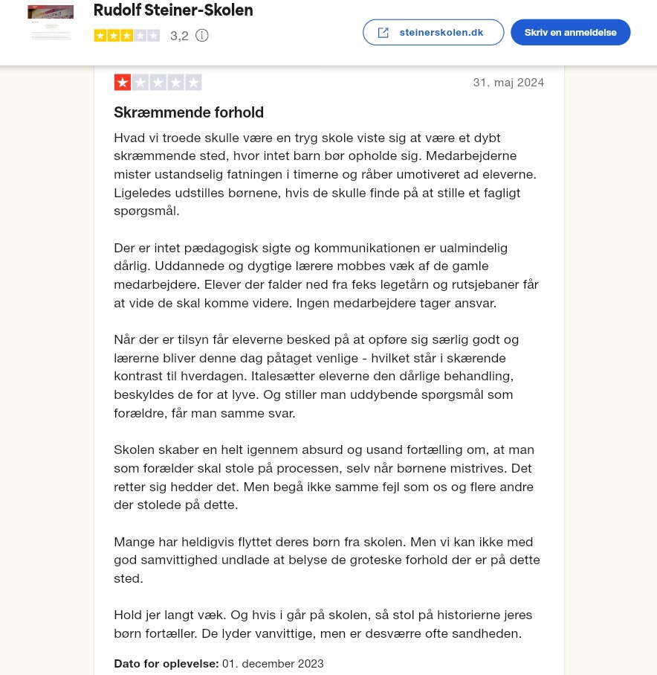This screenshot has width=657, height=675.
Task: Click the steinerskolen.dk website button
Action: pos(433,33)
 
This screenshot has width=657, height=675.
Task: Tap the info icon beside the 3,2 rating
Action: pos(201,36)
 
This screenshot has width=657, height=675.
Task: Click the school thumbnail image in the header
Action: pos(51,22)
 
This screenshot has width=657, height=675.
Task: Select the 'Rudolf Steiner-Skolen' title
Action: pos(173,10)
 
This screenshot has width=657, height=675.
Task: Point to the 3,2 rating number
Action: pos(179,36)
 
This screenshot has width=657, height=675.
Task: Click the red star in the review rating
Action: pos(123,83)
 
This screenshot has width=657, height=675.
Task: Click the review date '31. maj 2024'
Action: pos(508,83)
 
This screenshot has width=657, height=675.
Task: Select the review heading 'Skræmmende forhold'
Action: pos(189,112)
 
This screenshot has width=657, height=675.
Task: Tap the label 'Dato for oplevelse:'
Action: pos(166,663)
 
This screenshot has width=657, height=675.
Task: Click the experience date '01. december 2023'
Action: pos(273,663)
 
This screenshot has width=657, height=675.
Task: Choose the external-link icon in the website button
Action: pos(383,33)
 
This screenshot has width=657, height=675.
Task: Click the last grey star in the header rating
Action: pos(152,35)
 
